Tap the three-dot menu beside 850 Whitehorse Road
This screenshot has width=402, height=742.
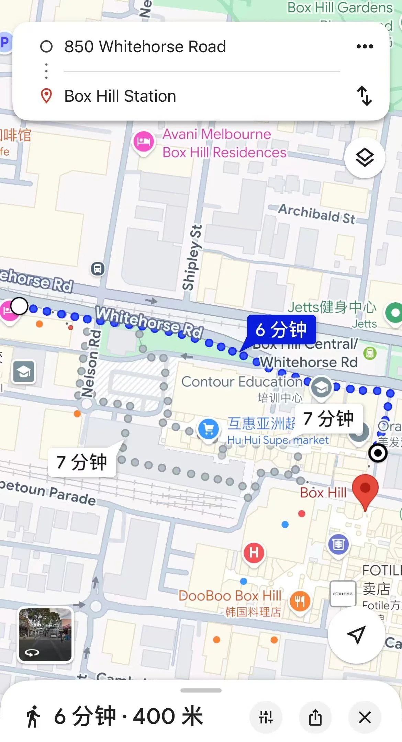365,46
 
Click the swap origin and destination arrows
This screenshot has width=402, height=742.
364,96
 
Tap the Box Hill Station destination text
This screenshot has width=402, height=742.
120,96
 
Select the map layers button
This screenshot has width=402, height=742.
365,158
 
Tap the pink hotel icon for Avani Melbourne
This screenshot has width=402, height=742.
143,142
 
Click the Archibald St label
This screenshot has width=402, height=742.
316,214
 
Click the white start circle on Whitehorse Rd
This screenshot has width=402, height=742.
19,306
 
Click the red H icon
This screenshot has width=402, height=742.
254,553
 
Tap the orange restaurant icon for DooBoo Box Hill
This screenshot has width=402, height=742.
300,601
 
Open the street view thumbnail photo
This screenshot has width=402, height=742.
45,634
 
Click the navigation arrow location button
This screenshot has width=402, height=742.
356,634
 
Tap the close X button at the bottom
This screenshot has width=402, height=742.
365,717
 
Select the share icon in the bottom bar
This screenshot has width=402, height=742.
315,717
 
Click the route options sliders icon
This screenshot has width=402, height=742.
266,717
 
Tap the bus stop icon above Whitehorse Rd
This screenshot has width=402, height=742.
98,269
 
